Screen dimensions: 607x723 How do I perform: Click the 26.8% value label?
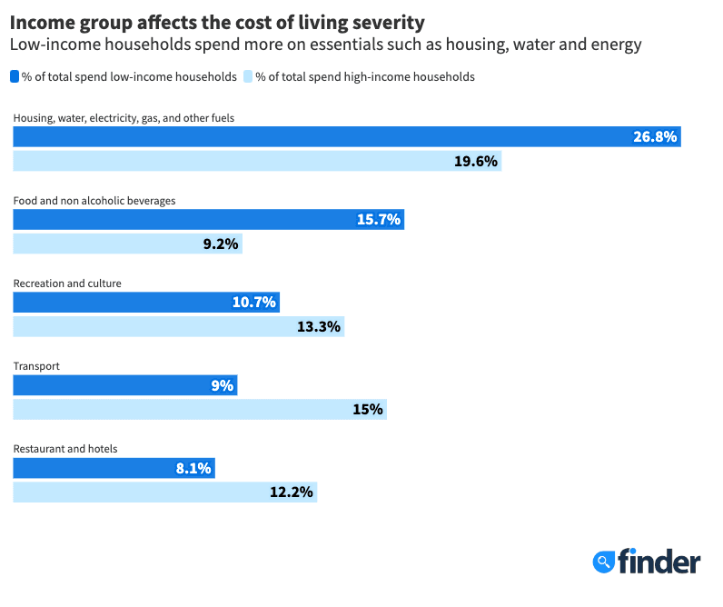(x=655, y=136)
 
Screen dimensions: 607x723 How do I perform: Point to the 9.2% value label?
(x=220, y=244)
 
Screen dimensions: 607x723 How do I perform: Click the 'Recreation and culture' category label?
(x=67, y=284)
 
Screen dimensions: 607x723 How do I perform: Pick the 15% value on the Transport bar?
(x=368, y=410)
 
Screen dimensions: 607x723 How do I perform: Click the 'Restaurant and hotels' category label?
(x=65, y=449)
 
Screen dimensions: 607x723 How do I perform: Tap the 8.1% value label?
(x=193, y=468)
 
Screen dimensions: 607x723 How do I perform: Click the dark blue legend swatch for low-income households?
(x=15, y=77)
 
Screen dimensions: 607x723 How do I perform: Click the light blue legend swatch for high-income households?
(x=249, y=77)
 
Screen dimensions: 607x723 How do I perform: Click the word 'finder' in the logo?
(x=659, y=562)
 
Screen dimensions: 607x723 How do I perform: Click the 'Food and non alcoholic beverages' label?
(x=94, y=201)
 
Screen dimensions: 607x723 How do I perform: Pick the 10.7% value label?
(x=254, y=303)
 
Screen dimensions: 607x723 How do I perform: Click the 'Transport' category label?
(x=37, y=366)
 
